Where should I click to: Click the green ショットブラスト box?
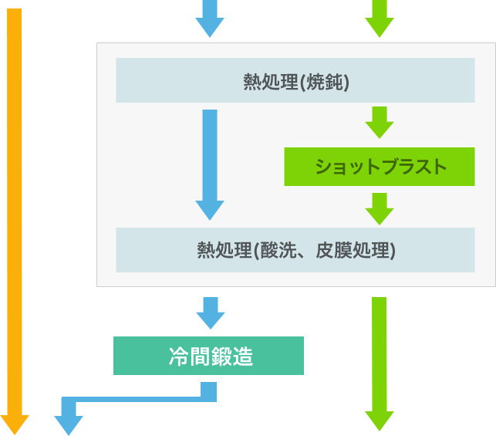click(379, 167)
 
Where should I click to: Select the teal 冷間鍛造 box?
click(208, 356)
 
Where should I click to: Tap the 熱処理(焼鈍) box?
click(295, 80)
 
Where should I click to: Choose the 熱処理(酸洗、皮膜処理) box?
click(295, 250)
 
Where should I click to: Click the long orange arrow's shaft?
click(14, 208)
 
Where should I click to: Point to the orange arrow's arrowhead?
click(14, 424)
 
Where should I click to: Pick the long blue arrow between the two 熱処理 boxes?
click(210, 162)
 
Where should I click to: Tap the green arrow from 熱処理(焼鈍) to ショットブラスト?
click(379, 122)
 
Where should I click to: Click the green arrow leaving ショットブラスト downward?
click(379, 208)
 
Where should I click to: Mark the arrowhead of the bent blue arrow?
click(69, 424)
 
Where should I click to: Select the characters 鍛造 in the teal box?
click(232, 357)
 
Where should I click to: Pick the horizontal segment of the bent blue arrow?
click(139, 398)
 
